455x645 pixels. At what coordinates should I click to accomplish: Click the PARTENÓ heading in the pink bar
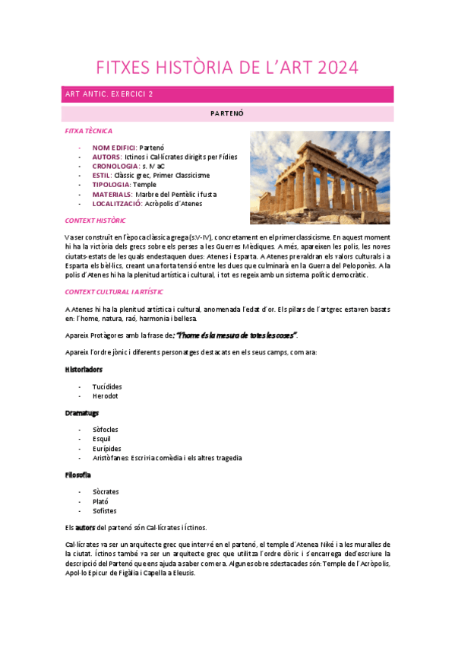pos(226,113)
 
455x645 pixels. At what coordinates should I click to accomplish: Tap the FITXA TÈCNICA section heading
pos(89,131)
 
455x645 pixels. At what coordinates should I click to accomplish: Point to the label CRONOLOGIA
pos(115,166)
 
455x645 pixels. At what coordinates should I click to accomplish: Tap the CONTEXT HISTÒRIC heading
pos(95,220)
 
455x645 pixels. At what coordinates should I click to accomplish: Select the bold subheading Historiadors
pos(83,369)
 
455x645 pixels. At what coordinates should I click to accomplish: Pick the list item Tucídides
pos(107,386)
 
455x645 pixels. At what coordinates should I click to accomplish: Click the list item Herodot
pos(105,396)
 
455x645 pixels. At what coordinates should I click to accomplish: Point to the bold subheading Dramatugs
pos(81,412)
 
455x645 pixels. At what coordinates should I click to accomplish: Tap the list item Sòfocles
pos(106,430)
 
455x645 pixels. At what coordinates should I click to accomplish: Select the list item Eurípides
pos(106,448)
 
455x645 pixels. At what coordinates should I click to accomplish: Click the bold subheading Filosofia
pos(77,475)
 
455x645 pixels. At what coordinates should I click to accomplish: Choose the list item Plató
pos(100,501)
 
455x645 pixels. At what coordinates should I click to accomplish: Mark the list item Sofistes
pos(104,510)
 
